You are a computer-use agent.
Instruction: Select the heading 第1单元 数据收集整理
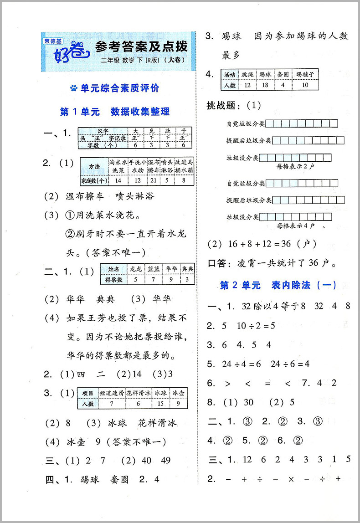pyautogui.click(x=115, y=112)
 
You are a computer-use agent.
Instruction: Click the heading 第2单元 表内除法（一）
pyautogui.click(x=278, y=285)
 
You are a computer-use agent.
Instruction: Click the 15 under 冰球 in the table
pyautogui.click(x=160, y=404)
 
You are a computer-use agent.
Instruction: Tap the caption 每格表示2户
pyautogui.click(x=295, y=166)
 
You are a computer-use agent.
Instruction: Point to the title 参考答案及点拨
pyautogui.click(x=141, y=47)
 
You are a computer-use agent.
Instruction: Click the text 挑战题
pyautogui.click(x=223, y=106)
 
